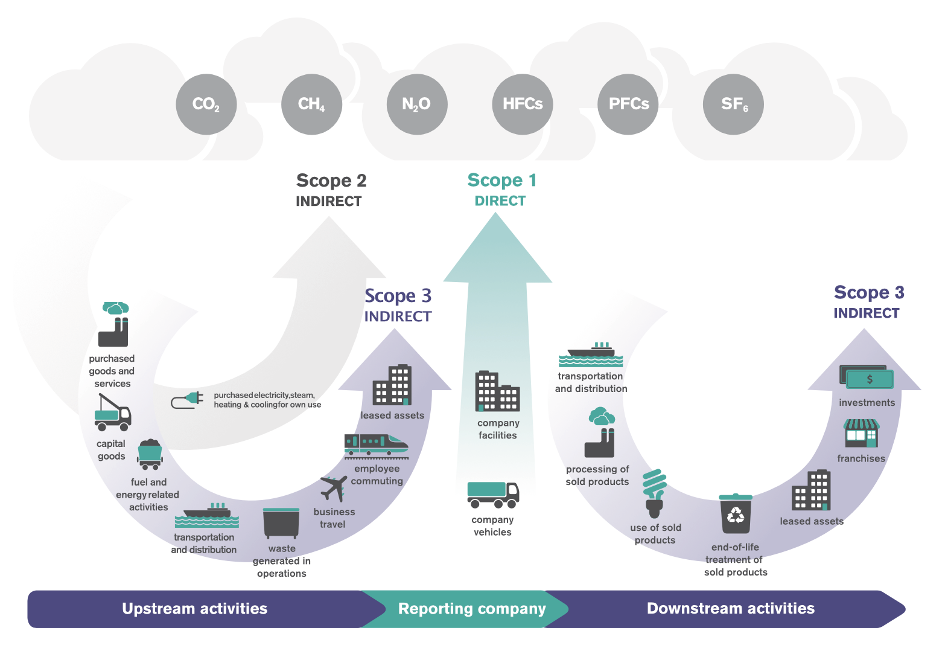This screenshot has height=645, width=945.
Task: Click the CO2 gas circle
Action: click(x=206, y=104)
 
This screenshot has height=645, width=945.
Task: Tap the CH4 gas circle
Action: click(x=311, y=104)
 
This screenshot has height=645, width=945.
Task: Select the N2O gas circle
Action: click(x=417, y=104)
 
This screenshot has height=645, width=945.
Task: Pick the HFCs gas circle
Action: click(x=523, y=104)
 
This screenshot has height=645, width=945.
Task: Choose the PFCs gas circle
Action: click(x=628, y=104)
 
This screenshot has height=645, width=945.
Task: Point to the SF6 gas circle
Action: click(x=734, y=104)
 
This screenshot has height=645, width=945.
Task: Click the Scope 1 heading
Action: click(x=501, y=181)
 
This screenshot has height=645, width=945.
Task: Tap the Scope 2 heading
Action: click(x=331, y=181)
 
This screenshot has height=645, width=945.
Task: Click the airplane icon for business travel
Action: click(x=334, y=488)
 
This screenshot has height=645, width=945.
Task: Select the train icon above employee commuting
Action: click(x=376, y=444)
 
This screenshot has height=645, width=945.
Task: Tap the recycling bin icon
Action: click(x=736, y=513)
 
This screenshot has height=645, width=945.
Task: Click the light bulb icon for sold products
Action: click(x=655, y=493)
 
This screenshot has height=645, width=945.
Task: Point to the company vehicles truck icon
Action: click(x=493, y=495)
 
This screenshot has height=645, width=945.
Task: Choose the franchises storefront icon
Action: click(x=861, y=433)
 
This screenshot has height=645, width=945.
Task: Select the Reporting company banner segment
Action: click(x=472, y=609)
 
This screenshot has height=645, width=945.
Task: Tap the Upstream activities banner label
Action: click(x=194, y=609)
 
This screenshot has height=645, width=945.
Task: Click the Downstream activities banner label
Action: click(x=730, y=609)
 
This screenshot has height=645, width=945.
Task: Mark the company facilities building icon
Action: click(x=497, y=391)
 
